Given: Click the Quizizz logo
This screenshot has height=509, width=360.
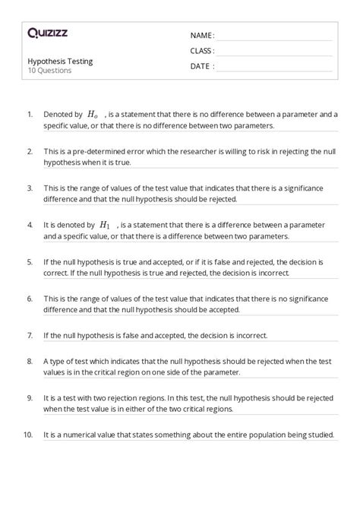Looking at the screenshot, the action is (48, 33).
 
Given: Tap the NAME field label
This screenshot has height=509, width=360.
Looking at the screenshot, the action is (201, 36).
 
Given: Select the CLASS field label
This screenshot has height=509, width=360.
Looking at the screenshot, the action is (202, 51).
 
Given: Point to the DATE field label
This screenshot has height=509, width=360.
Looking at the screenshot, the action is (201, 66).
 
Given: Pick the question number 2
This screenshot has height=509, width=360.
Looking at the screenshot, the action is (30, 151).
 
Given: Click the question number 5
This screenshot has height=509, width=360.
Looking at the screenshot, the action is (30, 262).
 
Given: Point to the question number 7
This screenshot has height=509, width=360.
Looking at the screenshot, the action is (30, 335).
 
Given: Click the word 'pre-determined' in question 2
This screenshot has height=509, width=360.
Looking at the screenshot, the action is (99, 151).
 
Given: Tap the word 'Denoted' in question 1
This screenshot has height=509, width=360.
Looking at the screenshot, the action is (59, 114).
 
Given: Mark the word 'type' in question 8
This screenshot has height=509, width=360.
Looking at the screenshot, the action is (58, 361).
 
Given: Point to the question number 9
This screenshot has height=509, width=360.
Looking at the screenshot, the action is (30, 397).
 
